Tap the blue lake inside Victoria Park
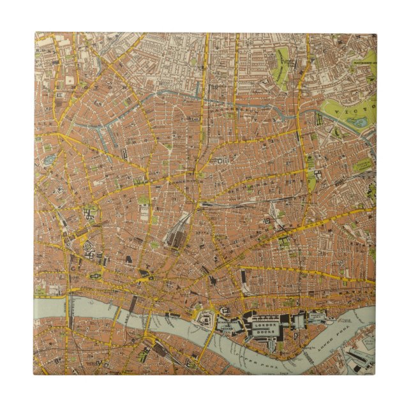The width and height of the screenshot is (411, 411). click(360, 121)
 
